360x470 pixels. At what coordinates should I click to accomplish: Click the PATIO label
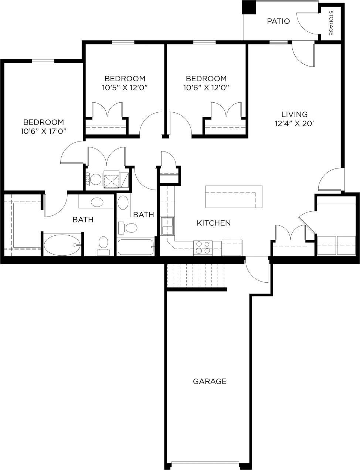pyautogui.click(x=278, y=21)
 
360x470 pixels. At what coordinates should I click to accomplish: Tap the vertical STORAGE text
pyautogui.click(x=331, y=23)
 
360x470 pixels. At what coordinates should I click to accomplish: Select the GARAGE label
pyautogui.click(x=210, y=381)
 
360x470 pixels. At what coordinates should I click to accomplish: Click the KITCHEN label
pyautogui.click(x=214, y=223)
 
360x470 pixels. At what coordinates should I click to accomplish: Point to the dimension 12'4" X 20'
pyautogui.click(x=294, y=124)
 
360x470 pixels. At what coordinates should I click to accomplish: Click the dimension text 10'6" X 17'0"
pyautogui.click(x=44, y=131)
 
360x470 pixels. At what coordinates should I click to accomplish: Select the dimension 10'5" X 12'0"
pyautogui.click(x=125, y=88)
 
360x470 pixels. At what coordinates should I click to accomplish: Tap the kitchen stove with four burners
pyautogui.click(x=203, y=247)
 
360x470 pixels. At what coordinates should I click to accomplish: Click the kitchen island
pyautogui.click(x=234, y=197)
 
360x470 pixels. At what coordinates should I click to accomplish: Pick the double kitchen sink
pyautogui.click(x=168, y=226)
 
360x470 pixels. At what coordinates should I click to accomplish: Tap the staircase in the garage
pyautogui.click(x=196, y=276)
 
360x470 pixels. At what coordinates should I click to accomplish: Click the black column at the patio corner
pyautogui.click(x=248, y=7)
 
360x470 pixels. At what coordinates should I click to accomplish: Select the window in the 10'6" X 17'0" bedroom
pyautogui.click(x=43, y=61)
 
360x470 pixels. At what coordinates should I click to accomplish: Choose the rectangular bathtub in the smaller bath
pyautogui.click(x=135, y=247)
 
